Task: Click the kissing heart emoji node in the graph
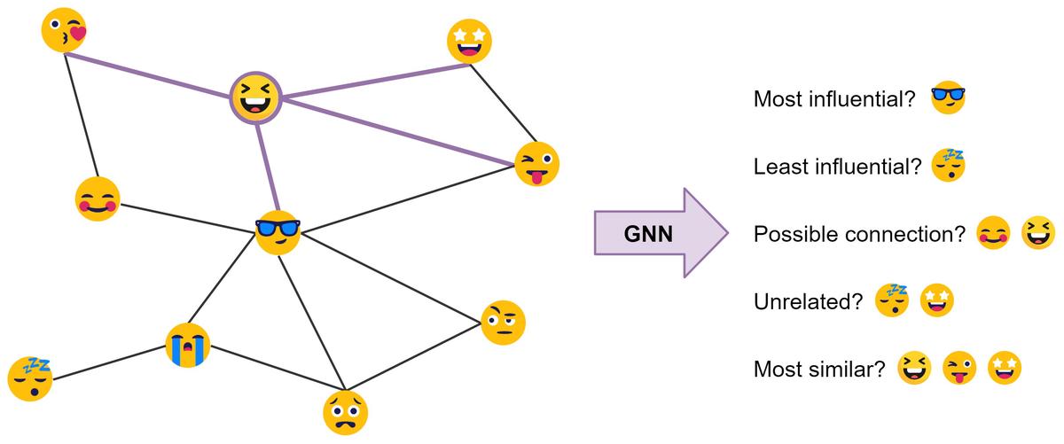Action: pyautogui.click(x=65, y=30)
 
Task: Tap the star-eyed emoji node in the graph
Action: pyautogui.click(x=469, y=41)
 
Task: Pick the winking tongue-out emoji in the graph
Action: pyautogui.click(x=537, y=164)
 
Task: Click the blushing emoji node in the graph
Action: pyautogui.click(x=97, y=199)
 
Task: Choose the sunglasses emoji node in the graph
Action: pyautogui.click(x=278, y=233)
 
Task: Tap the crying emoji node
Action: pyautogui.click(x=188, y=346)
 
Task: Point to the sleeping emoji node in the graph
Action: pyautogui.click(x=30, y=378)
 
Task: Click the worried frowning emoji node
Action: pyautogui.click(x=345, y=412)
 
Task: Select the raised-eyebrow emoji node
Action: pyautogui.click(x=503, y=323)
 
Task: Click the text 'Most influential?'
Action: pyautogui.click(x=833, y=99)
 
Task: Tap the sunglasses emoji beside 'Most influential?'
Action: pyautogui.click(x=948, y=97)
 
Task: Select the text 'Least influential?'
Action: pyautogui.click(x=837, y=167)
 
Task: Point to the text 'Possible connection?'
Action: pyautogui.click(x=858, y=235)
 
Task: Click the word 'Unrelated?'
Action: pyautogui.click(x=808, y=302)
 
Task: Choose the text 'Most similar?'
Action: pyautogui.click(x=819, y=369)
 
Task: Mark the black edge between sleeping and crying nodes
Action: pyautogui.click(x=108, y=362)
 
